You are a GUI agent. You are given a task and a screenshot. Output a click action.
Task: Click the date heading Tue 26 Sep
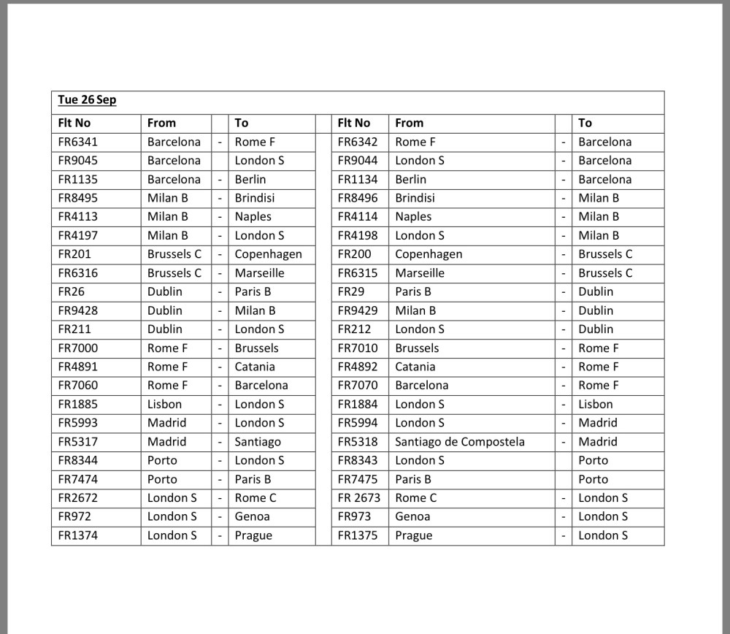pos(87,100)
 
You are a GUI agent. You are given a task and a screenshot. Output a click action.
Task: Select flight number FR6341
pos(78,142)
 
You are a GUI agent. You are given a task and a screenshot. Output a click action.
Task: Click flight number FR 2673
pos(359,498)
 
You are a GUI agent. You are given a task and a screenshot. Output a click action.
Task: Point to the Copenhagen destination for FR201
pos(268,254)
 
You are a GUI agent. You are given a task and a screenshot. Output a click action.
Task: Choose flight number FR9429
pos(358,310)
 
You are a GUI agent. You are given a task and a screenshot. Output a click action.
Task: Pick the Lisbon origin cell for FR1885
pos(164,404)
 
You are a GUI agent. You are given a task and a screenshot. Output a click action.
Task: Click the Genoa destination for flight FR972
pos(252,516)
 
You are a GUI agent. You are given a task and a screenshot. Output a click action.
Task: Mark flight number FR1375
pos(358,535)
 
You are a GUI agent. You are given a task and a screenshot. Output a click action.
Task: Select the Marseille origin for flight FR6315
pos(420,273)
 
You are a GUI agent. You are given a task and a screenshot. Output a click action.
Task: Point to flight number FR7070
pos(358,386)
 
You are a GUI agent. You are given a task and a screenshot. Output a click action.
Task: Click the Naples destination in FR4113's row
pos(253,217)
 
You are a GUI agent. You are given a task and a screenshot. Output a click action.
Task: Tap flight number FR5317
pos(78,442)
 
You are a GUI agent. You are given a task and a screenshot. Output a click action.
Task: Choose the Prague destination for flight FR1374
pos(253,535)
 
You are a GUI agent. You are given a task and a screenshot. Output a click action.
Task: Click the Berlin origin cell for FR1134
pos(410,180)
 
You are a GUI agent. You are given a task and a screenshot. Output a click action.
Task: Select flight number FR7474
pos(78,479)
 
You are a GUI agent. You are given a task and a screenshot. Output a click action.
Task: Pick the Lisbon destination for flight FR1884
pos(596,404)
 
